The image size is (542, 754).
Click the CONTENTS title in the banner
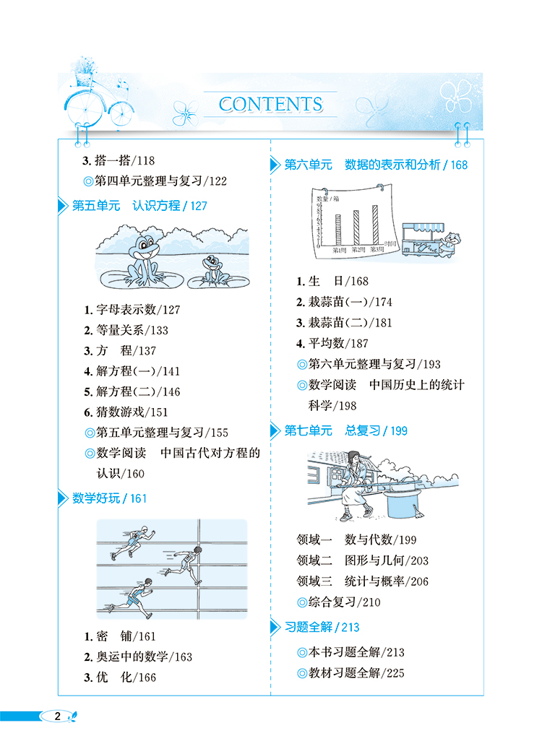[270, 104]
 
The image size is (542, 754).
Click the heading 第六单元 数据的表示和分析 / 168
[375, 165]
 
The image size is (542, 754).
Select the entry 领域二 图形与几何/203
[362, 560]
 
